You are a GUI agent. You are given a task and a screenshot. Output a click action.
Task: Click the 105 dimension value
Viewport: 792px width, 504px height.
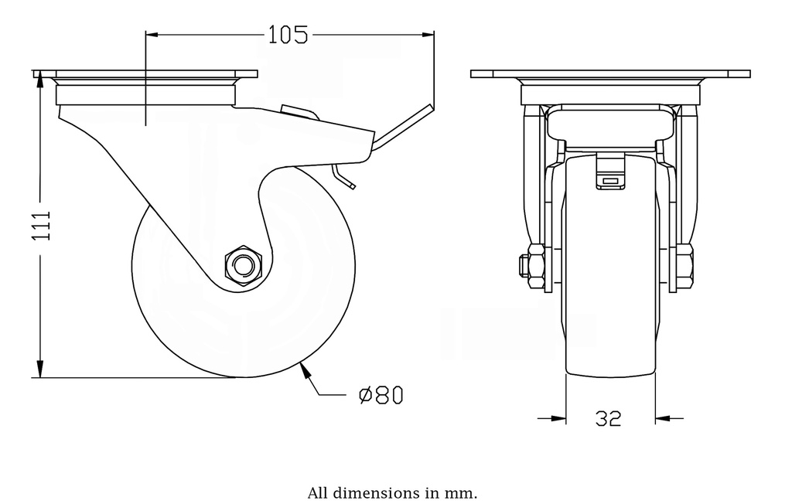(288, 35)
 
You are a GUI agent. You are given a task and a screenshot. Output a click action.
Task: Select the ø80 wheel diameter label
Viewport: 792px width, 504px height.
(381, 395)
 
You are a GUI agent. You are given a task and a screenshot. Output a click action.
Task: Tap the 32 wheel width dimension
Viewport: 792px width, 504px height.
(609, 418)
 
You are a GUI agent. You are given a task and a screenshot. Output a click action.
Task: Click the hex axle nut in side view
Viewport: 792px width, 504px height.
(243, 266)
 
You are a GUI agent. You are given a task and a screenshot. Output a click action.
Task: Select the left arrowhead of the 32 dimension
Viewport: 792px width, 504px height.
(558, 418)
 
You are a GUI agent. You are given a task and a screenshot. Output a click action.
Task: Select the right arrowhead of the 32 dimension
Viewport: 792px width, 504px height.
(663, 418)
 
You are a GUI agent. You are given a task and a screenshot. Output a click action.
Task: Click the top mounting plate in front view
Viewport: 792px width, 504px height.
(610, 74)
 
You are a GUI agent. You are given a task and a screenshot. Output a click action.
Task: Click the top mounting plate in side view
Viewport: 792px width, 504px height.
(145, 74)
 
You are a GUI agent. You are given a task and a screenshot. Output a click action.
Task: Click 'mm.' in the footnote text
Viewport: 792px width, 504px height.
(461, 492)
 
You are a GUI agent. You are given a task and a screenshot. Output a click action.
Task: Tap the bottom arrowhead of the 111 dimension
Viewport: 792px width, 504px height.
(39, 370)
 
